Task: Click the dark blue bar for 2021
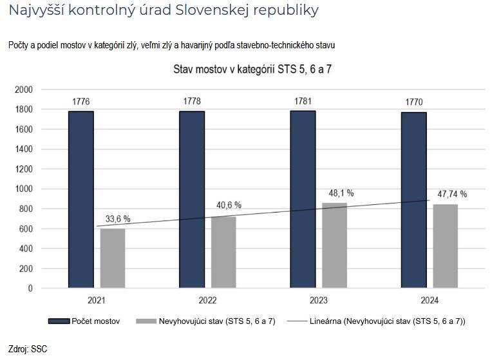[x=80, y=200]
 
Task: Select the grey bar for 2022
[x=223, y=252]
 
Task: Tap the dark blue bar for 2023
[x=303, y=200]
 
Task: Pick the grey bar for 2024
[x=446, y=246]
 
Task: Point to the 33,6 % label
[x=117, y=219]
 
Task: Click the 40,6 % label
[x=228, y=205]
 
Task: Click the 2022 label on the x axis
[x=207, y=301]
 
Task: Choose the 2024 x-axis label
[x=430, y=301]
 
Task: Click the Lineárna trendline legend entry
[x=387, y=321]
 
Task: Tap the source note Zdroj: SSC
[x=28, y=349]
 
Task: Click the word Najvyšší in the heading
[x=39, y=11]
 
